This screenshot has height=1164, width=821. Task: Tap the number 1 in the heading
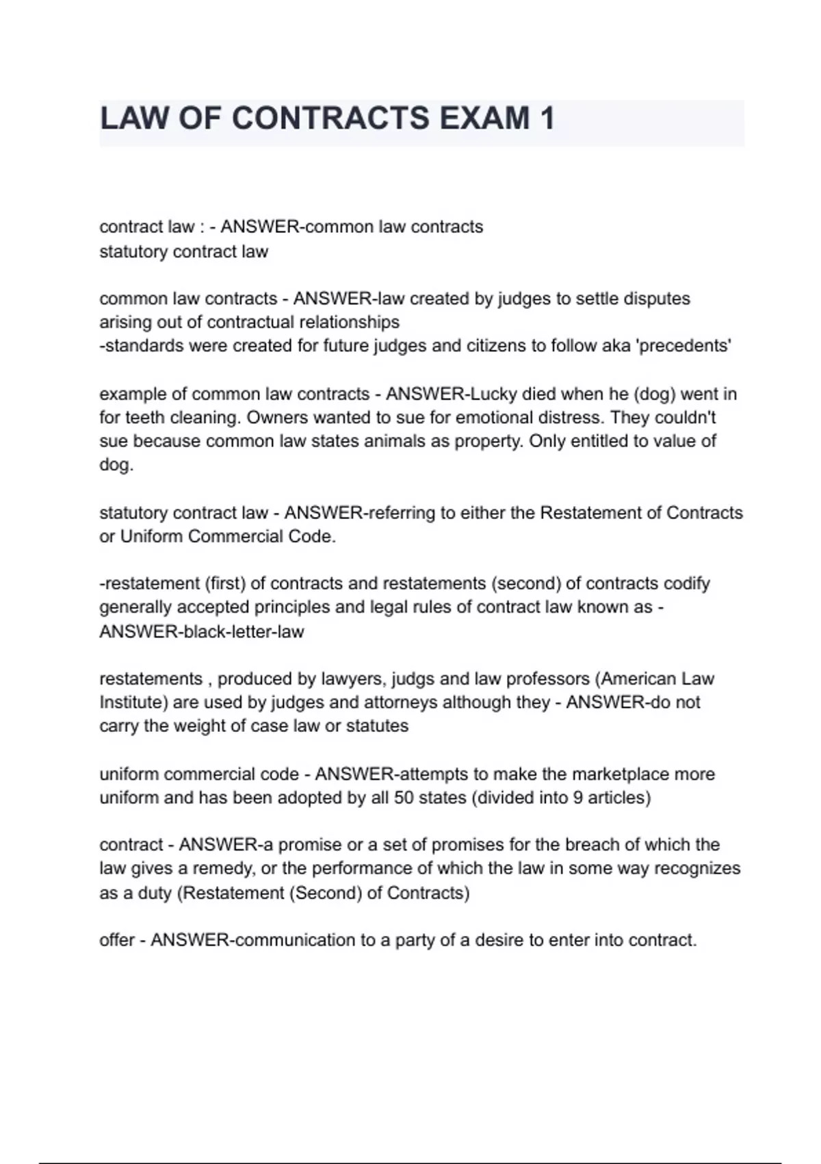coord(547,118)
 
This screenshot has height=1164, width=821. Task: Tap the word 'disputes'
coord(657,299)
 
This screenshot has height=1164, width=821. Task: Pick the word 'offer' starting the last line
coord(117,941)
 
